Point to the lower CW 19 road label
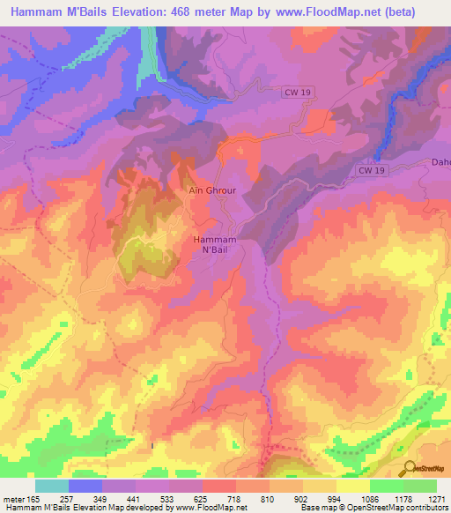[373, 170]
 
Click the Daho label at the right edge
[440, 162]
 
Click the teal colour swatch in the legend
[52, 486]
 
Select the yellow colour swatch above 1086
[352, 486]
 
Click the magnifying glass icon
[410, 469]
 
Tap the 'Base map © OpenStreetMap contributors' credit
[373, 509]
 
